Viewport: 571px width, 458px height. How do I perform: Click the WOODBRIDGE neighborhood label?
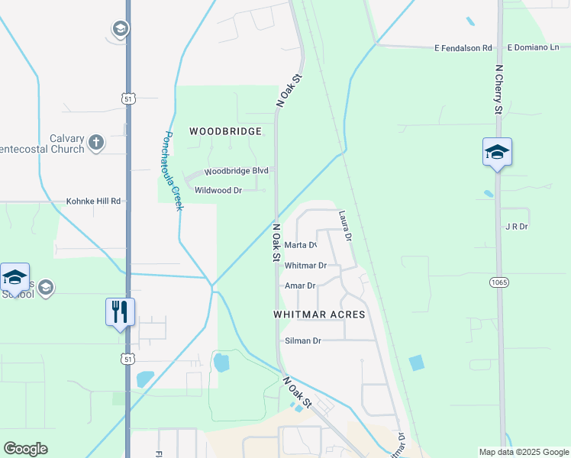coord(225,131)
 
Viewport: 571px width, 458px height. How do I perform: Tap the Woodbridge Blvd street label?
coord(237,171)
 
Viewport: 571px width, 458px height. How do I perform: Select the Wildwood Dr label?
coord(218,190)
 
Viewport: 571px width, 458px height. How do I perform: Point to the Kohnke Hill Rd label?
coord(94,202)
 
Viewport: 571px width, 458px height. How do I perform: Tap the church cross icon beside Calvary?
coord(96,143)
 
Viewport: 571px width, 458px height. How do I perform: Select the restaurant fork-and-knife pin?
coord(120,312)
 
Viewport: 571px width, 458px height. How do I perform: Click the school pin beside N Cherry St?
coord(497,152)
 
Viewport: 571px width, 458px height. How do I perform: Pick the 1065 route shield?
coord(499,282)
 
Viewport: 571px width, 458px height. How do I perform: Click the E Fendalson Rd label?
coord(463,47)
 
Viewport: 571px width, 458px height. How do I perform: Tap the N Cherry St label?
coord(498,89)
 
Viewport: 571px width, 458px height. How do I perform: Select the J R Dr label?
coord(517,227)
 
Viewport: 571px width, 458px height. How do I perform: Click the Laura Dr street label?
coord(345,227)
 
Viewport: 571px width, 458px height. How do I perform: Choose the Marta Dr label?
coord(300,245)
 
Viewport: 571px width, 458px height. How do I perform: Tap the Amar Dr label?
coord(300,285)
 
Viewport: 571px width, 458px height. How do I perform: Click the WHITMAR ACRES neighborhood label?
coord(319,314)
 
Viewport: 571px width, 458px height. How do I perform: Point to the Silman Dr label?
coord(302,340)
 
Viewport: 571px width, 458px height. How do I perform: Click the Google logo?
coord(25,449)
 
